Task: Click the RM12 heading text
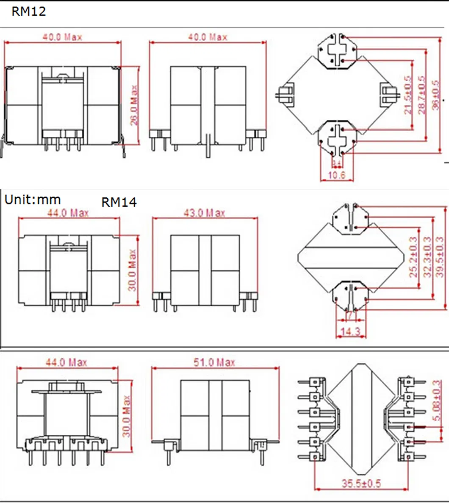(x=28, y=11)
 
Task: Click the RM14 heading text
(x=119, y=202)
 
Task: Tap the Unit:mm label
(x=33, y=199)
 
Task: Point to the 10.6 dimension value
(x=337, y=175)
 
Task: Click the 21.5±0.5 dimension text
(x=407, y=95)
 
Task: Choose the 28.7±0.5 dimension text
(x=421, y=95)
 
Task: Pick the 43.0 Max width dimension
(x=204, y=213)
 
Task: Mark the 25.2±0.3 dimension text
(x=414, y=257)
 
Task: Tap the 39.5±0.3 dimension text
(x=440, y=257)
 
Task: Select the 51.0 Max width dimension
(x=214, y=362)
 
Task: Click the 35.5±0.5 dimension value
(x=361, y=483)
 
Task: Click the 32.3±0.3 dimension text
(x=427, y=257)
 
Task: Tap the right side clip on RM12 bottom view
(x=388, y=95)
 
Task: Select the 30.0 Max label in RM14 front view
(x=133, y=270)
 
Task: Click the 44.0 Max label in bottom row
(x=66, y=362)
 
